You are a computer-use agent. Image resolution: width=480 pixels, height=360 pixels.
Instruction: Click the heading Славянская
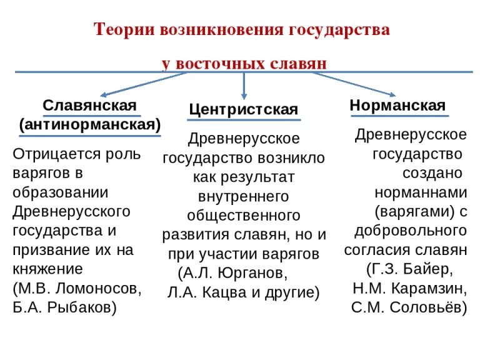(x=89, y=104)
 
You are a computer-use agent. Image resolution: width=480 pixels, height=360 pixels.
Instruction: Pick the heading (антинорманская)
(x=90, y=124)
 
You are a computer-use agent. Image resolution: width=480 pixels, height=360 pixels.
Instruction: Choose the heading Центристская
(x=243, y=109)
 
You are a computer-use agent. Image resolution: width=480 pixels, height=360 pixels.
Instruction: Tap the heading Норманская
(x=397, y=104)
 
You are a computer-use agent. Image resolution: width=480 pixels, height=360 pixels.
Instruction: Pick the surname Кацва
(x=216, y=292)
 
